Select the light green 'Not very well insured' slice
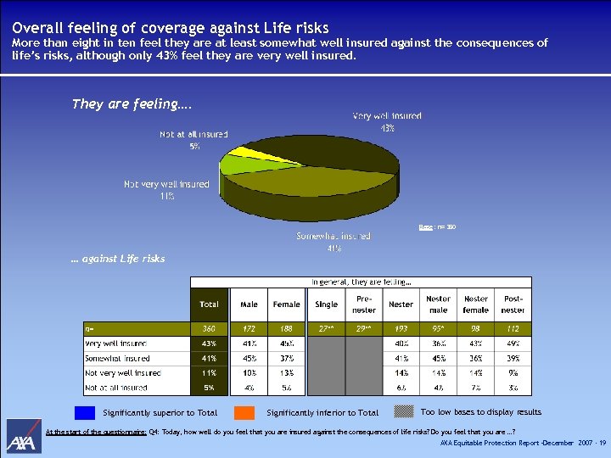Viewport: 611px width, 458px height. click(x=233, y=165)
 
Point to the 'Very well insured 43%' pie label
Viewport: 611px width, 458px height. click(x=387, y=121)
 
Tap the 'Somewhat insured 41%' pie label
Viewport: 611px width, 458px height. click(x=334, y=242)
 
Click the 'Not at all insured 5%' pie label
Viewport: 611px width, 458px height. click(x=193, y=140)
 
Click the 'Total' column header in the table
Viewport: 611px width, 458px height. click(x=209, y=304)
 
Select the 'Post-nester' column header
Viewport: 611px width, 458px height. click(x=513, y=304)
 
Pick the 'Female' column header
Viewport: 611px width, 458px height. click(x=286, y=304)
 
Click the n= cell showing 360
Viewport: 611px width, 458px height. click(x=209, y=327)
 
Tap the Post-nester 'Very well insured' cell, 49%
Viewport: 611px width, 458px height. click(x=513, y=343)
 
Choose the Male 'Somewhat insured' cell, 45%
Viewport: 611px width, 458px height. click(x=249, y=358)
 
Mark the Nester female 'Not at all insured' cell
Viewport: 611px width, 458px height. click(x=475, y=388)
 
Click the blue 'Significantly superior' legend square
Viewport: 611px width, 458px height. click(x=85, y=413)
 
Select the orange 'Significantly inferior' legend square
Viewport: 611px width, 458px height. click(x=244, y=413)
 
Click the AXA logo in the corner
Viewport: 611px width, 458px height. click(x=24, y=437)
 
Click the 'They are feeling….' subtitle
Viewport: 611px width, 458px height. click(x=132, y=104)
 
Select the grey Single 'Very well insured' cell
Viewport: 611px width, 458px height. click(x=326, y=343)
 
